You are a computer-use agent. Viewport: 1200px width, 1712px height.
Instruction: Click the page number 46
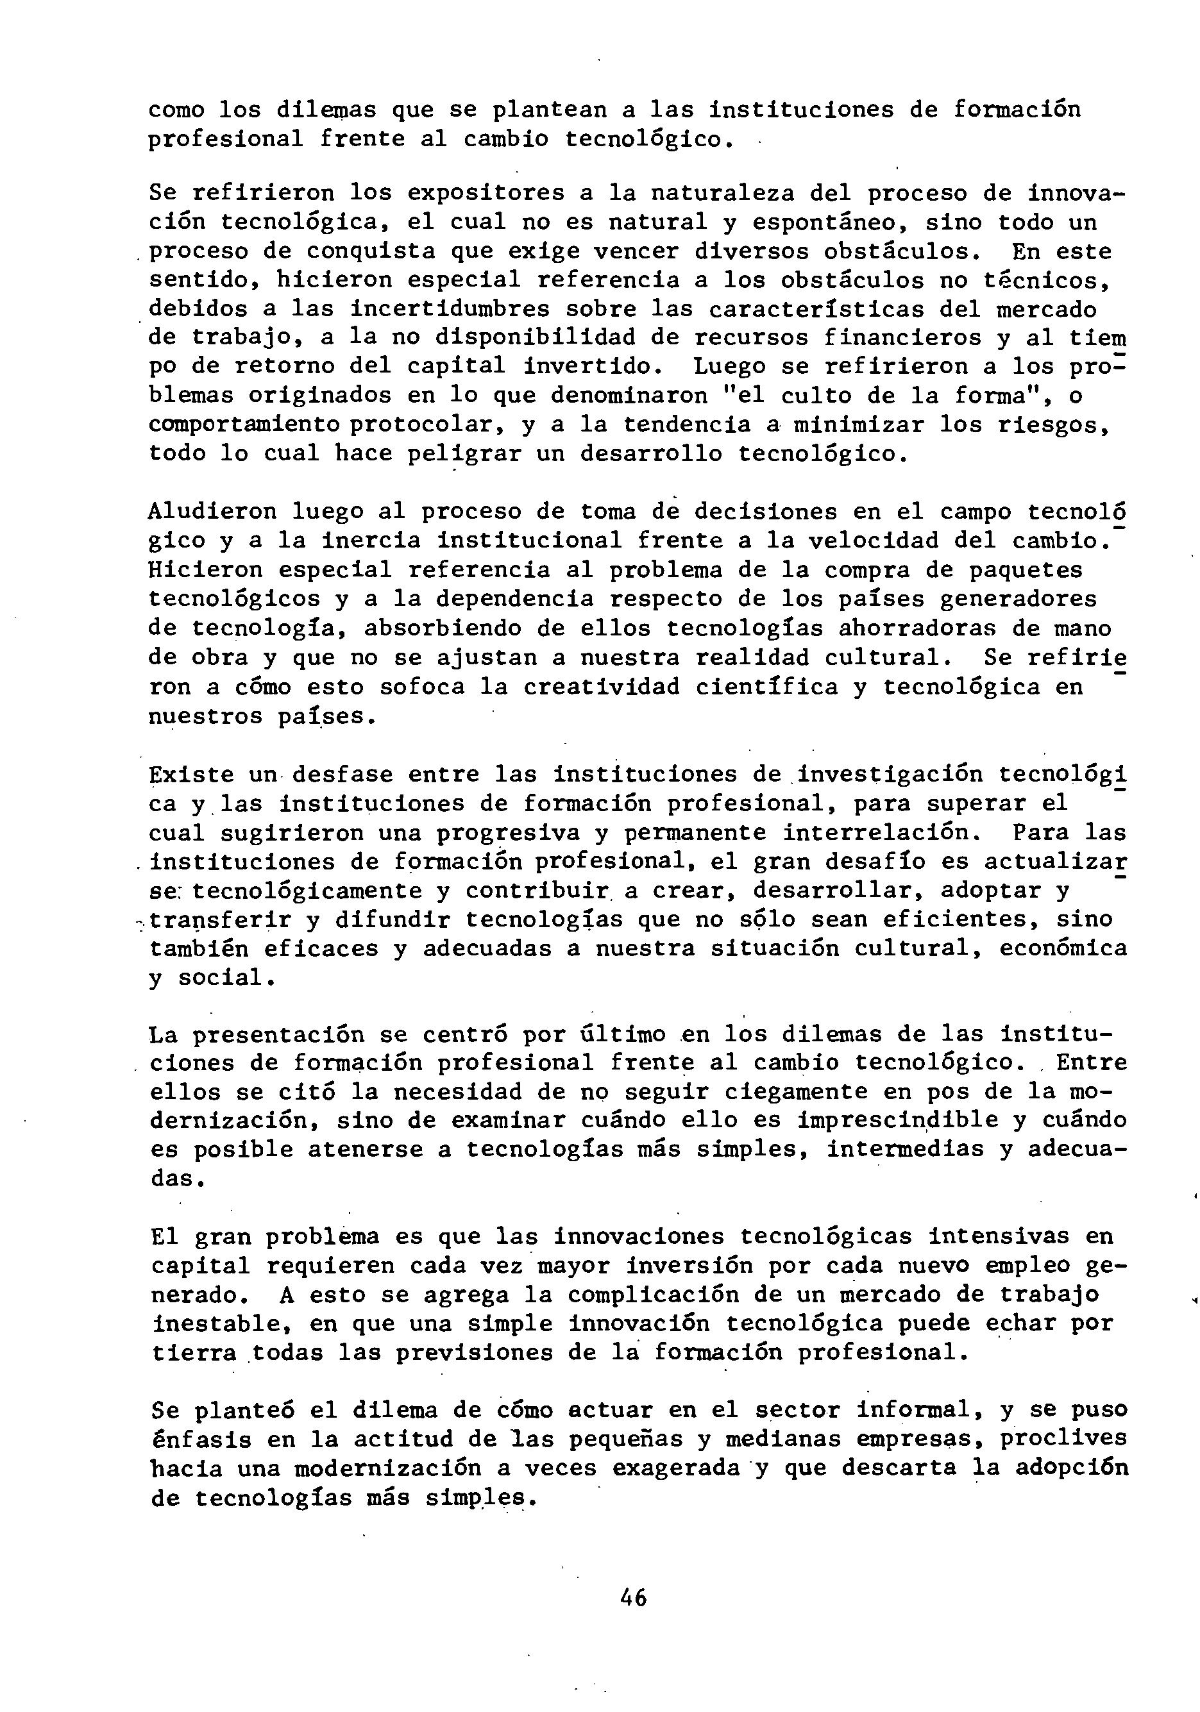pos(632,1597)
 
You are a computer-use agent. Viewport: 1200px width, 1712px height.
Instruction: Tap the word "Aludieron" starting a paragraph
pos(212,512)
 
